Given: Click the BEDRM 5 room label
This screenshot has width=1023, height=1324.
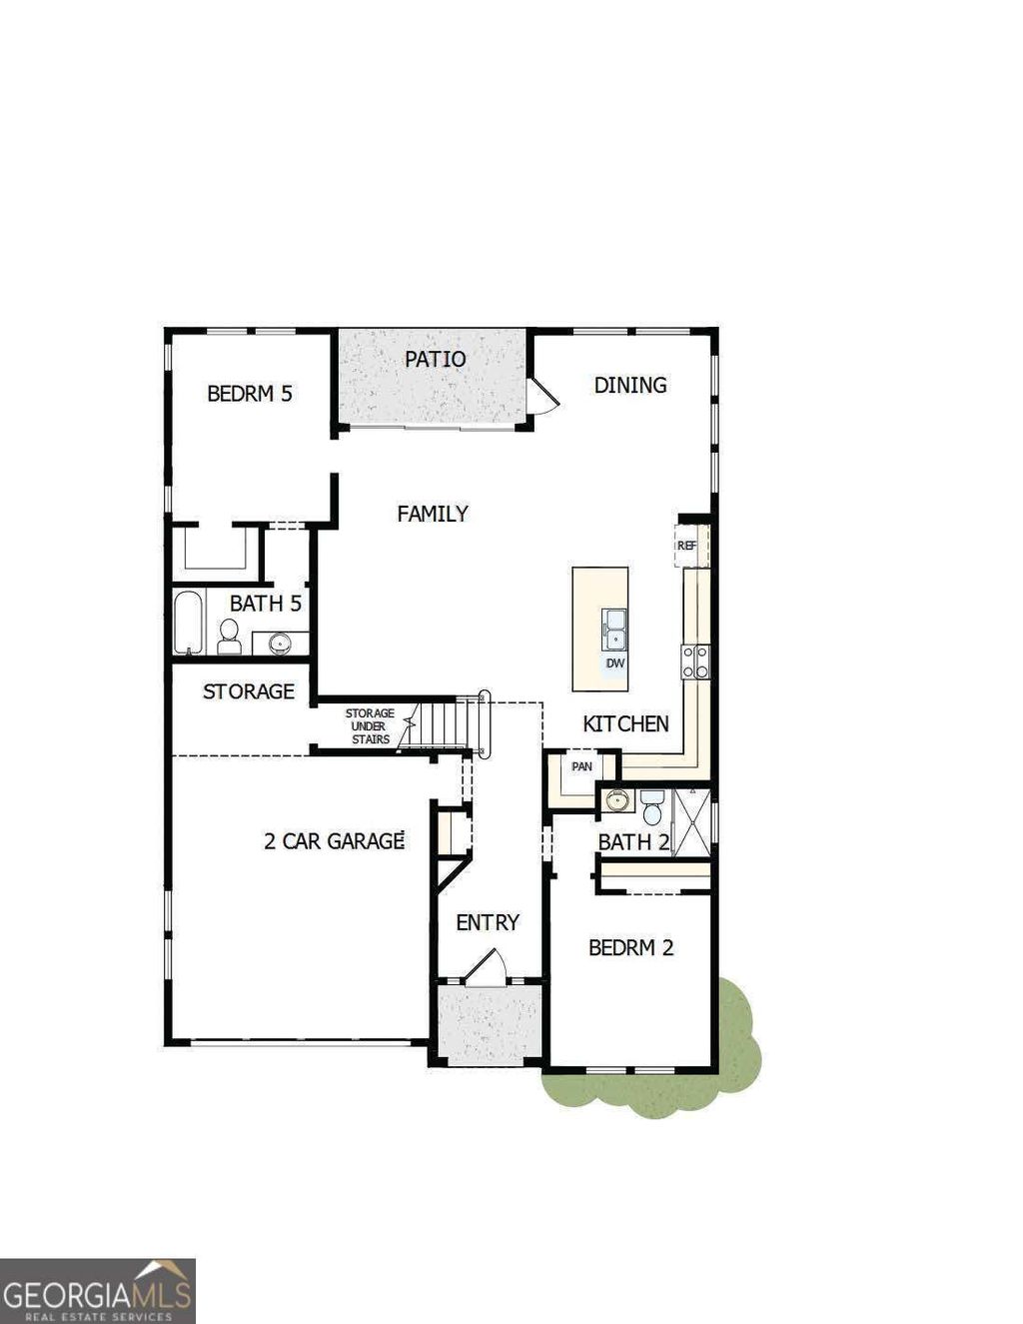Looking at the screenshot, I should click(249, 394).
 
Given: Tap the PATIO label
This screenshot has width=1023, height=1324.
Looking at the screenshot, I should click(435, 359).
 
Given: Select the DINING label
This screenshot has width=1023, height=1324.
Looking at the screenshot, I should click(629, 385).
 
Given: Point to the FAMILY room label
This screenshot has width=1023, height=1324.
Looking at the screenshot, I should click(432, 514).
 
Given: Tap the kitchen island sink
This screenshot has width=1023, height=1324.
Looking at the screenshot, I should click(614, 630).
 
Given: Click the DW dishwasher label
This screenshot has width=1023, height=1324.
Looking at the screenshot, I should click(614, 663).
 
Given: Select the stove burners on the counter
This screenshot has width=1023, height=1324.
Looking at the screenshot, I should click(696, 661).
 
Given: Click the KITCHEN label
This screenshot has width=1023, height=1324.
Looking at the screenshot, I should click(625, 724).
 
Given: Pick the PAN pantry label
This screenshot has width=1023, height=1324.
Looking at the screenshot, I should click(581, 766).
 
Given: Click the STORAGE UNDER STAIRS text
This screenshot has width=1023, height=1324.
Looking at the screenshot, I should click(369, 726).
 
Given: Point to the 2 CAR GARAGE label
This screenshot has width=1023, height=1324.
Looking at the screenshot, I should click(333, 841).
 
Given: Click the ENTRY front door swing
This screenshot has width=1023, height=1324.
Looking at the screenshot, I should click(487, 969).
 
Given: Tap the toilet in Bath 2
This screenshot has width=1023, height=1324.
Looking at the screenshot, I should click(652, 806).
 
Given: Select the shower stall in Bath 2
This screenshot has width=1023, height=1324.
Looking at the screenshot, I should click(690, 822).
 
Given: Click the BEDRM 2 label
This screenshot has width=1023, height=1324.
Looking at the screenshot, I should click(630, 947).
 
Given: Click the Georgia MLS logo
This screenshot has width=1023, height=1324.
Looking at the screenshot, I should click(97, 1290).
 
